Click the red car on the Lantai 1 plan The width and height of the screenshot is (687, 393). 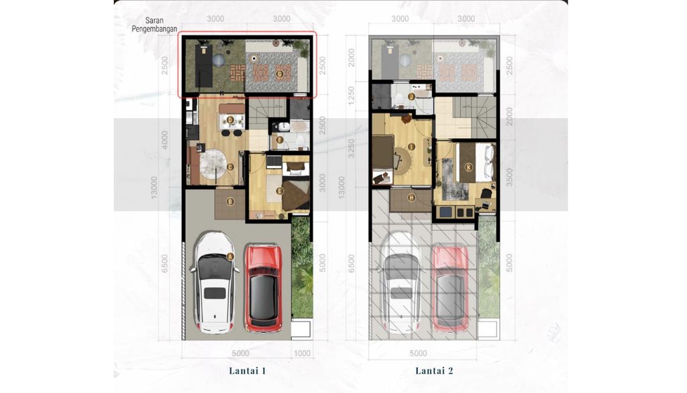(264, 288)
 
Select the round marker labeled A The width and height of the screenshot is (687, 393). (229, 256)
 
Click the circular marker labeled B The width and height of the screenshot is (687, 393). (229, 201)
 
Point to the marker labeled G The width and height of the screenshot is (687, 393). (279, 73)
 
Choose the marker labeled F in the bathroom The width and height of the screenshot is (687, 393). (280, 140)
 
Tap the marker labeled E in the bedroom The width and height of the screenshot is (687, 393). (279, 190)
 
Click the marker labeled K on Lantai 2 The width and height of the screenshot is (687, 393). (468, 166)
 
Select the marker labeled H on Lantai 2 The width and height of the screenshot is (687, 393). (411, 197)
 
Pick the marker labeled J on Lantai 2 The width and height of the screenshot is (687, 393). (411, 96)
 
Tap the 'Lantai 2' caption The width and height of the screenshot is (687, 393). (434, 370)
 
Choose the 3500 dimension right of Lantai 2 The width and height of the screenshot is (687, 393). (510, 176)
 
